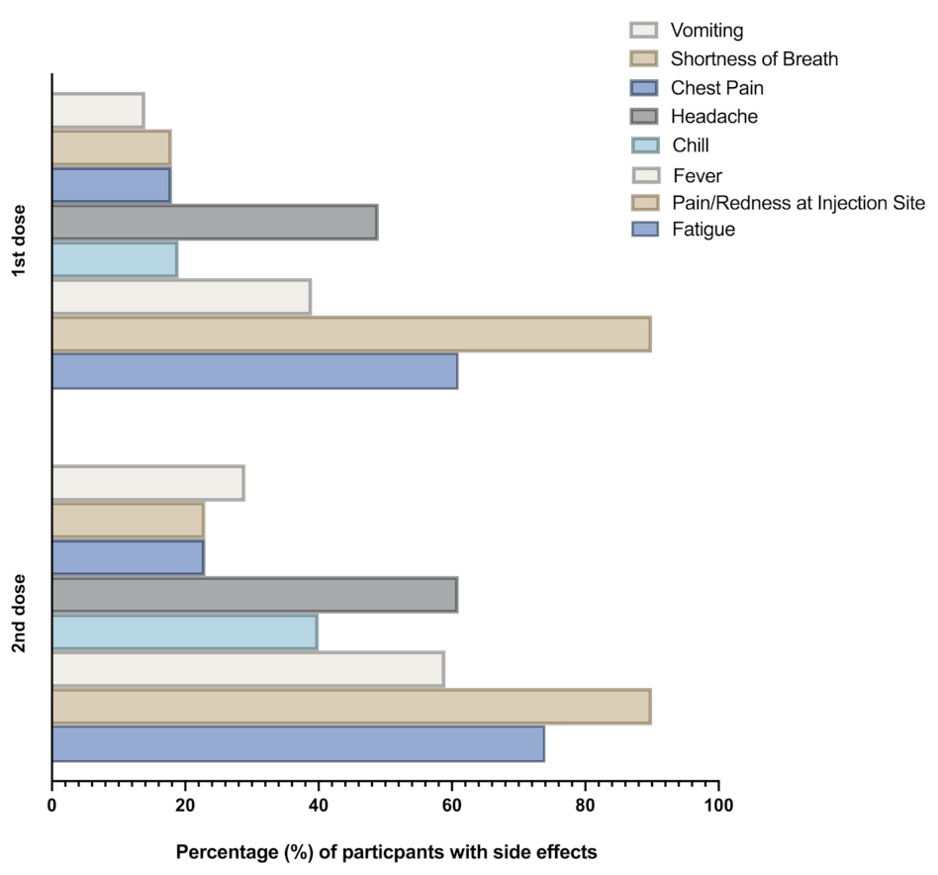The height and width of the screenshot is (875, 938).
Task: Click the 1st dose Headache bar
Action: pyautogui.click(x=214, y=223)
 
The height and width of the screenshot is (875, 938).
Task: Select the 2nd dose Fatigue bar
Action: pyautogui.click(x=297, y=743)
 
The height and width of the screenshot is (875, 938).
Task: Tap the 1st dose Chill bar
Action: pyautogui.click(x=114, y=260)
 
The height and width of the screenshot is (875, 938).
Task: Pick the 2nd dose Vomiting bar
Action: pyautogui.click(x=147, y=483)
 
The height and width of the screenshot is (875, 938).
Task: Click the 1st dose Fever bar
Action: pyautogui.click(x=180, y=297)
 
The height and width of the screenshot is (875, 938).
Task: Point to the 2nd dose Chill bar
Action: pyautogui.click(x=184, y=632)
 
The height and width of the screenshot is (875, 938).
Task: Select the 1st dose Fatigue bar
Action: pyautogui.click(x=253, y=371)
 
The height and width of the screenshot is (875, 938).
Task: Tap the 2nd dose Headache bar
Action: pyautogui.click(x=253, y=595)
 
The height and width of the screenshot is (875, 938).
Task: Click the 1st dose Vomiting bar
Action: pyautogui.click(x=97, y=111)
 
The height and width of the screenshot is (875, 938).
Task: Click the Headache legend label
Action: pyautogui.click(x=713, y=117)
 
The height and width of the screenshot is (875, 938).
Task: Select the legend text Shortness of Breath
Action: pyautogui.click(x=753, y=59)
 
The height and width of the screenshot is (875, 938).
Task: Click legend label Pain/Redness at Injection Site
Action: pyautogui.click(x=797, y=203)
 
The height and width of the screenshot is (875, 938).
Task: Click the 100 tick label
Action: pyautogui.click(x=718, y=805)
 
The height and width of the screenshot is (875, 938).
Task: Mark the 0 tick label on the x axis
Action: pyautogui.click(x=51, y=805)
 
